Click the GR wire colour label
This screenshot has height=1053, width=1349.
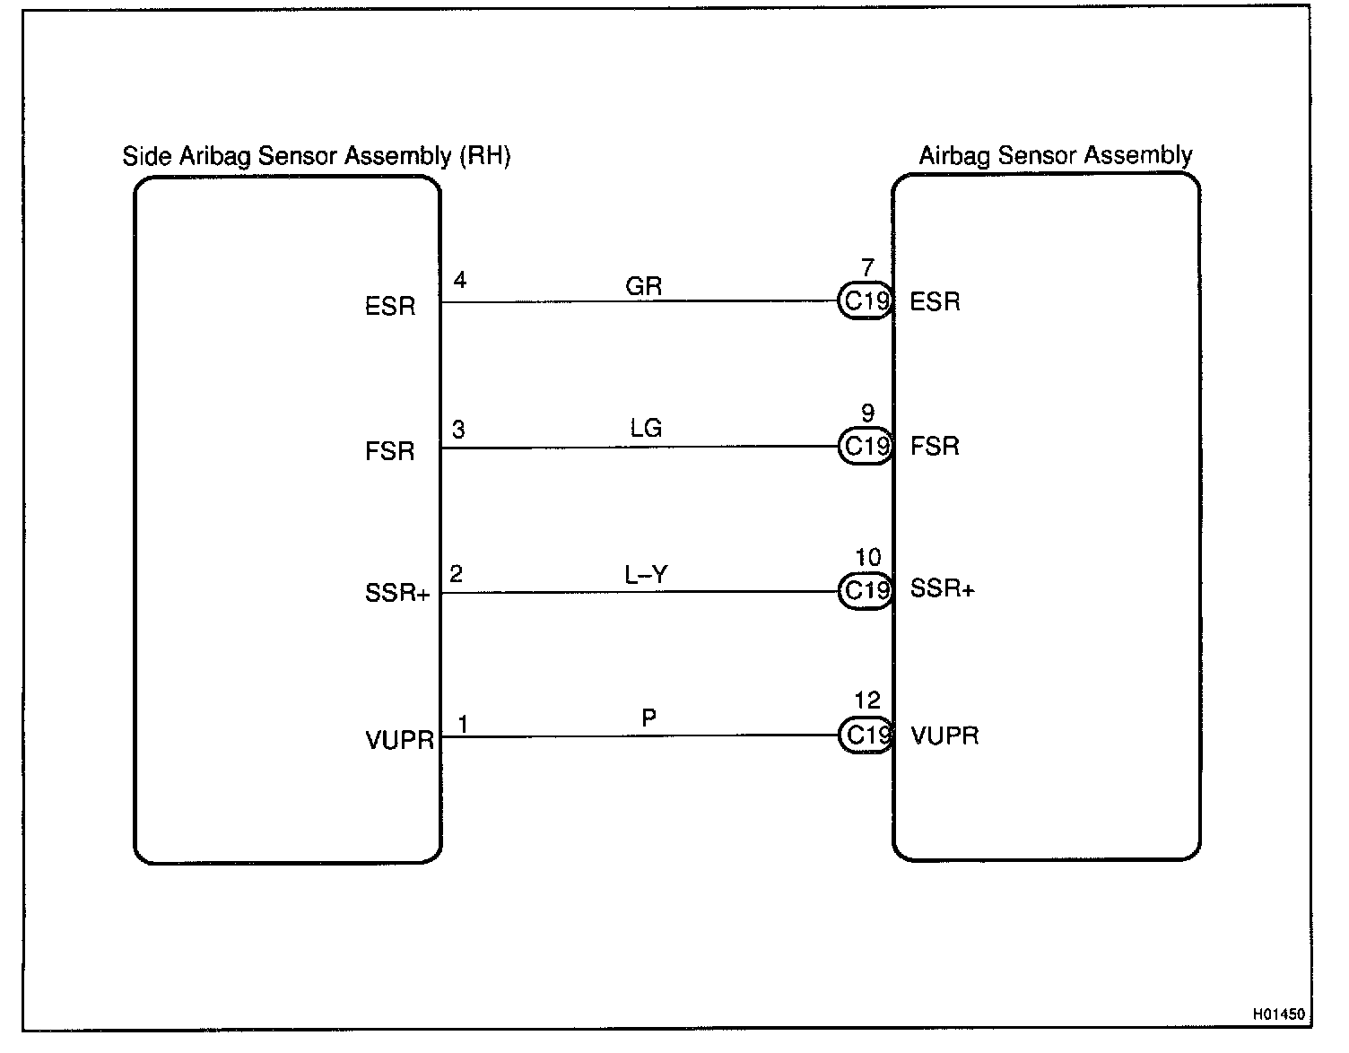(643, 286)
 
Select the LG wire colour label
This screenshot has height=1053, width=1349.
(646, 429)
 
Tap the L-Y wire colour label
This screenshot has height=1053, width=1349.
(646, 574)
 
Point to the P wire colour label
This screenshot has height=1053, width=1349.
(648, 718)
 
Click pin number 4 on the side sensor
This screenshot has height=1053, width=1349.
(459, 281)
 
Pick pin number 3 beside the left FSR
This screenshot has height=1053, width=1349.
(458, 431)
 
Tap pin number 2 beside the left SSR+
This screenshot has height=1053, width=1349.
(457, 574)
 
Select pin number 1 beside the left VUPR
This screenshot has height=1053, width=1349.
(463, 724)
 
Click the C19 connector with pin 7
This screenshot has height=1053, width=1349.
(866, 301)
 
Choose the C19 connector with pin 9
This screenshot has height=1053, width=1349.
(866, 446)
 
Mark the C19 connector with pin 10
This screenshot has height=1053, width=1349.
(866, 590)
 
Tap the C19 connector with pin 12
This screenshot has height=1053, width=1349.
(866, 735)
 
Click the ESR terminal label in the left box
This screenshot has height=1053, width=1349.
(390, 307)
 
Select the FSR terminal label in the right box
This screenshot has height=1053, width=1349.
(935, 446)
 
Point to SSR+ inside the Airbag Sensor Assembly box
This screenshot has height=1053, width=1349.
(942, 589)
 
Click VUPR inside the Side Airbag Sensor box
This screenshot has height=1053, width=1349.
(399, 741)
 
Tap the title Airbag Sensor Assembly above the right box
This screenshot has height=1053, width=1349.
(1056, 156)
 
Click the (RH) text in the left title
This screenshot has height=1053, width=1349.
(484, 156)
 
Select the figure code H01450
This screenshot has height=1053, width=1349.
(1278, 1014)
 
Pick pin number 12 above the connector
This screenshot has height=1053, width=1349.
(867, 701)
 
